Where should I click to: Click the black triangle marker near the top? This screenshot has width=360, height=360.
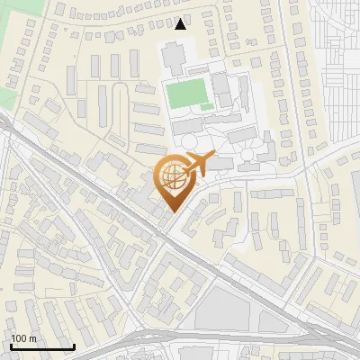pos(181,24)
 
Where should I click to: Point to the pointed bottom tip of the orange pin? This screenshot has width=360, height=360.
pos(174,212)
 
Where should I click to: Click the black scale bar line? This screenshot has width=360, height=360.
pos(41,347)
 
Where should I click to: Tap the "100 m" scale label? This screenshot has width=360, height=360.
pos(23,338)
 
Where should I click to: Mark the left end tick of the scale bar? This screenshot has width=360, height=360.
pos(11,346)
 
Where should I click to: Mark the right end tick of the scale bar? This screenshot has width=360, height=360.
pos(73,346)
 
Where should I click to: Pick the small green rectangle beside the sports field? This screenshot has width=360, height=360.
pos(206,107)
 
